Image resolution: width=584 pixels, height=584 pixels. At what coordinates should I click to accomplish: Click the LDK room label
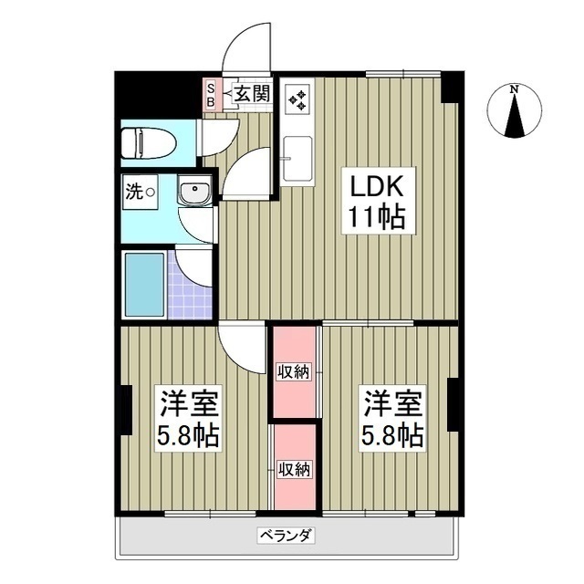coord(375,185)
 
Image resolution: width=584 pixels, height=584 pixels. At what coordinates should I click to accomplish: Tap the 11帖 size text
coord(375,218)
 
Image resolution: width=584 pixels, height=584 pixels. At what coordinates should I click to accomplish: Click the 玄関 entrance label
coord(252,92)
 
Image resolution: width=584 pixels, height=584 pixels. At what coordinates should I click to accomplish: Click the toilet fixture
coord(146,142)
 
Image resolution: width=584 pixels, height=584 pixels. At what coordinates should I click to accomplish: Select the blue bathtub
coord(145,283)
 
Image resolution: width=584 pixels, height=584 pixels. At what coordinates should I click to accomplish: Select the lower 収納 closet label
coord(294,469)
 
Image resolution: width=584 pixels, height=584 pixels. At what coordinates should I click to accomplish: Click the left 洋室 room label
coord(190,403)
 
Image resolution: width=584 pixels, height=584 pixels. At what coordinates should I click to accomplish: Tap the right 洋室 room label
coord(393,402)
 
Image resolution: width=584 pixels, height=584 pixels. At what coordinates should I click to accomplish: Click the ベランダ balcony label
coord(286,536)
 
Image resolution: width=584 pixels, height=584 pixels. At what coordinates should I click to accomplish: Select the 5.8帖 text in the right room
coord(393,435)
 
